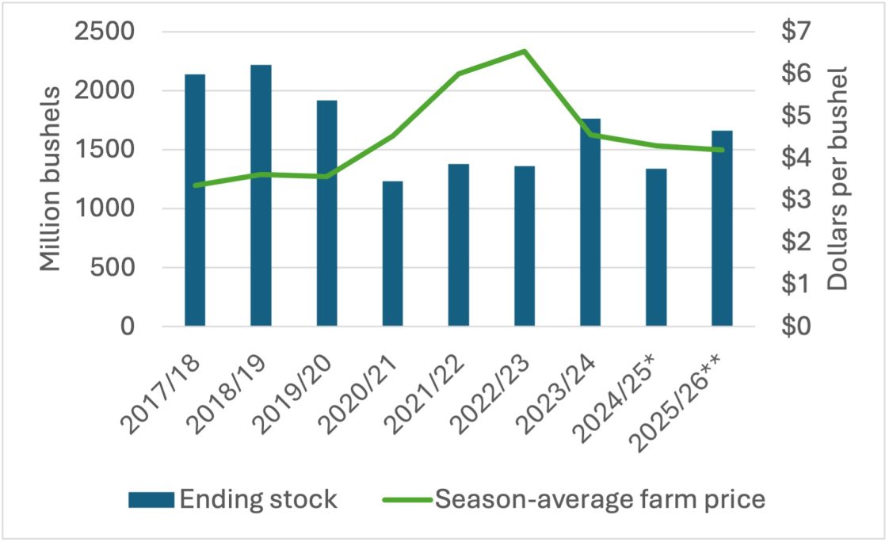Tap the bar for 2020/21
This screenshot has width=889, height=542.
point(392,254)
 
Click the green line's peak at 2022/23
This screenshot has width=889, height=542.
point(524,52)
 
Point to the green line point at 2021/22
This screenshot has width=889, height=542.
point(458,74)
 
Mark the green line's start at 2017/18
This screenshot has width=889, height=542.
point(195,185)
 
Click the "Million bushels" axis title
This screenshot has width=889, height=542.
point(51,180)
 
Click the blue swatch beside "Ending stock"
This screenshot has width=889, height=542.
point(151,500)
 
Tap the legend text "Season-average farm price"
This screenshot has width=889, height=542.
point(601,500)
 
